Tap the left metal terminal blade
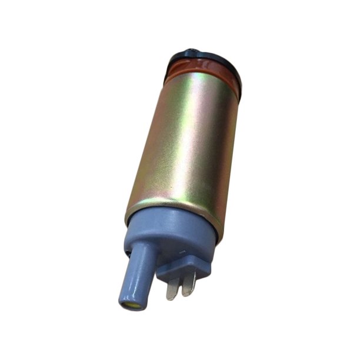[172, 288]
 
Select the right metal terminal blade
[189, 285]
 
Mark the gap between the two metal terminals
[181, 286]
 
